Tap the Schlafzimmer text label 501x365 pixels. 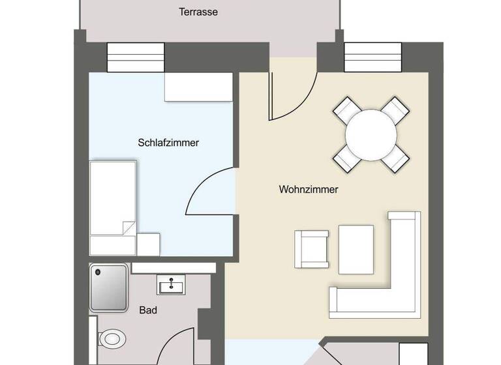click(x=168, y=142)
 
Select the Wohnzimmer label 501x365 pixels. click(x=308, y=190)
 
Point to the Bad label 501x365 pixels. click(x=148, y=311)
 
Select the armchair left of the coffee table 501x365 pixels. click(x=311, y=249)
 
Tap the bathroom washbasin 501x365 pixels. click(x=171, y=285)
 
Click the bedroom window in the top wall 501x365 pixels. click(x=135, y=57)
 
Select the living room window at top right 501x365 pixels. click(x=372, y=57)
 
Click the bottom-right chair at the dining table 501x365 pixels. click(x=397, y=157)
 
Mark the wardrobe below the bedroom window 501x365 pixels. click(x=198, y=87)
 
